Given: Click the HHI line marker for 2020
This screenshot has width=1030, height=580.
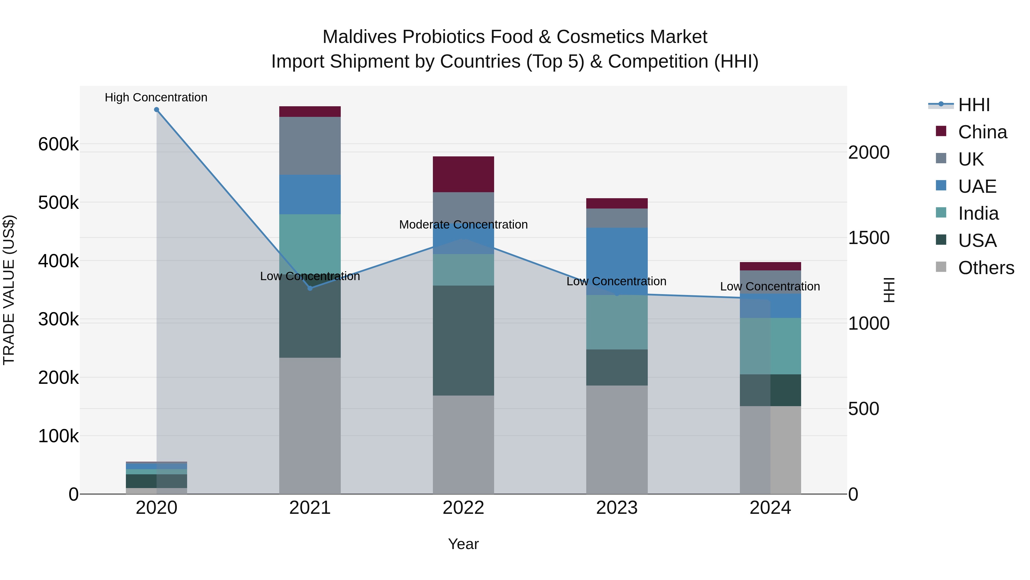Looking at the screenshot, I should pyautogui.click(x=156, y=110).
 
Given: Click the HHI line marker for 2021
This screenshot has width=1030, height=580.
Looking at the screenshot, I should pyautogui.click(x=310, y=288).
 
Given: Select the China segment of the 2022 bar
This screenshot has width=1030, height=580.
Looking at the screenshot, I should pyautogui.click(x=463, y=174).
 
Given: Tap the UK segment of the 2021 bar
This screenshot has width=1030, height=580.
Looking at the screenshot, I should pyautogui.click(x=310, y=146).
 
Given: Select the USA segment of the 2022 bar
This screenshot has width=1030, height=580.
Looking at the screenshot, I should pyautogui.click(x=463, y=340).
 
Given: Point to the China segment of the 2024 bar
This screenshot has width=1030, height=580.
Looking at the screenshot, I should pyautogui.click(x=770, y=266).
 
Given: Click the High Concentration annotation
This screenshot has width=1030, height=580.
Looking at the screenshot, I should pyautogui.click(x=156, y=97).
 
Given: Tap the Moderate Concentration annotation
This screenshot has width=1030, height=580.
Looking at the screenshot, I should pyautogui.click(x=463, y=225).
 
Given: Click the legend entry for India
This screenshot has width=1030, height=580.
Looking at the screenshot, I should pyautogui.click(x=978, y=213).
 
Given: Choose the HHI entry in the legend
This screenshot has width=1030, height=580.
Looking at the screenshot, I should pyautogui.click(x=974, y=105).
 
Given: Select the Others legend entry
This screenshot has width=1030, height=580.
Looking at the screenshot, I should pyautogui.click(x=986, y=268).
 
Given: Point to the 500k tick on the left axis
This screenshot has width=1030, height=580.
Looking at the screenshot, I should pyautogui.click(x=58, y=202).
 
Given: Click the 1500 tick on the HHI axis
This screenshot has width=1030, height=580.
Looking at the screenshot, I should pyautogui.click(x=868, y=238).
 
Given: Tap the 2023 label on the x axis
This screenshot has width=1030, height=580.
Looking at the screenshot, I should pyautogui.click(x=617, y=508).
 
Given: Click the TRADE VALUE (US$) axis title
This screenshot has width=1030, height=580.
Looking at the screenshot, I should pyautogui.click(x=9, y=290).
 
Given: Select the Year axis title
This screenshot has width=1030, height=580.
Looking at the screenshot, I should pyautogui.click(x=463, y=544).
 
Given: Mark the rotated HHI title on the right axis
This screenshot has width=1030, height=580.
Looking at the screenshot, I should pyautogui.click(x=888, y=290).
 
